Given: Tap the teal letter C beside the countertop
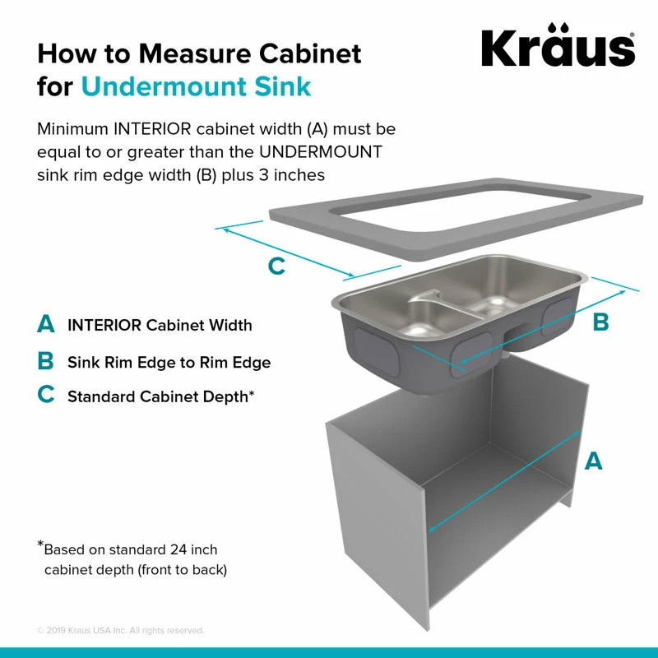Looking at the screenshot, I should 277,266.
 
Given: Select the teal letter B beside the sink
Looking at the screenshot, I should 601,322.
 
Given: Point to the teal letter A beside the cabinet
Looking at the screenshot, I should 593,461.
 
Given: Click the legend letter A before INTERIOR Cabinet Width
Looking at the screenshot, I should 46,325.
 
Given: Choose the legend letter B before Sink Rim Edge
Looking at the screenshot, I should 46,361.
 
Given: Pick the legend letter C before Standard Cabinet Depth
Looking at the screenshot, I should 46,396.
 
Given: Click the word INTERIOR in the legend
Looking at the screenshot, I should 104,325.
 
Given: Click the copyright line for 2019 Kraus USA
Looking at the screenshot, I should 120,631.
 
